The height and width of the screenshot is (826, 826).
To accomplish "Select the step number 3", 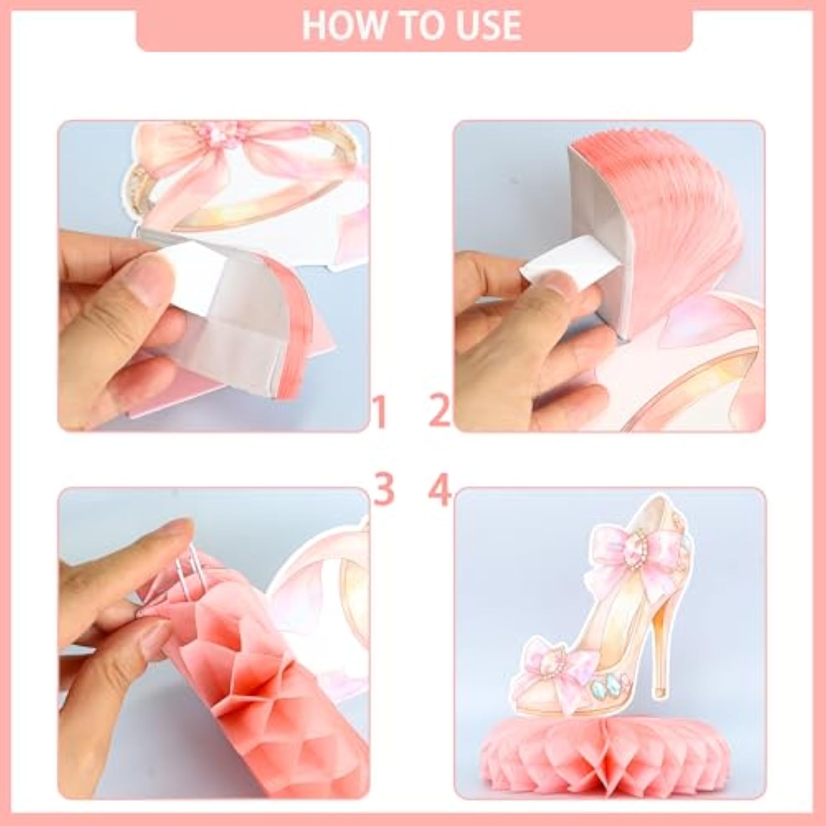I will pyautogui.click(x=384, y=490).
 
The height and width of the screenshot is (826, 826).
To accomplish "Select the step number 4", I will pyautogui.click(x=439, y=490).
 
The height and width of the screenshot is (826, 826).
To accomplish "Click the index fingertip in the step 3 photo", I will pyautogui.click(x=176, y=531).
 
